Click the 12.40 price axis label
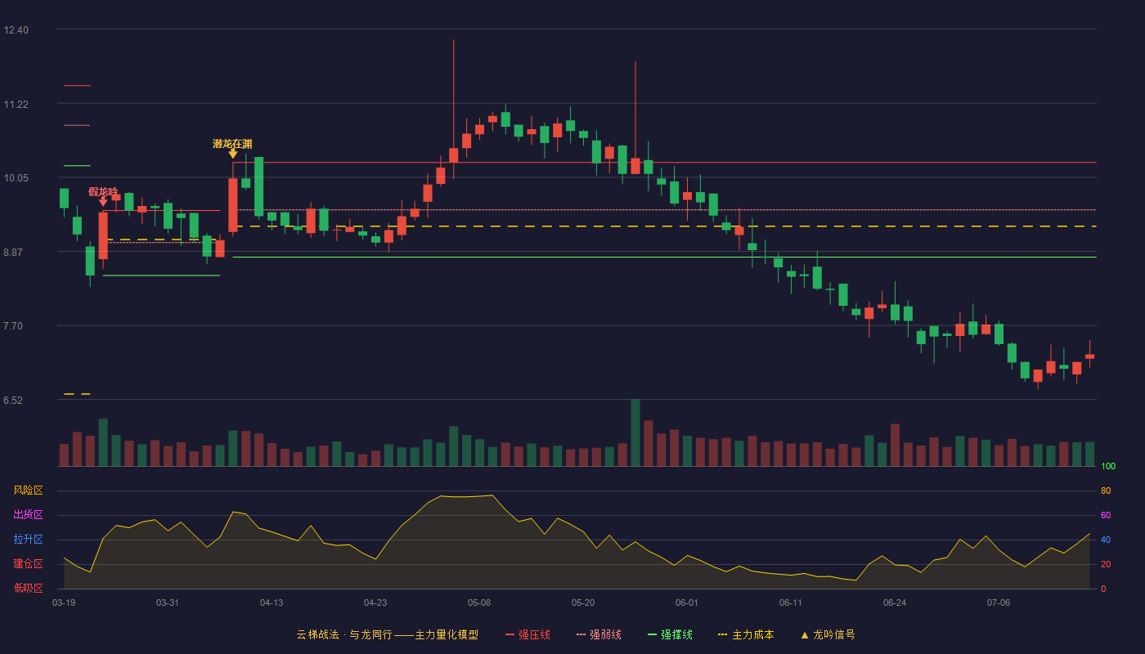[16, 29]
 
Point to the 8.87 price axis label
[13, 252]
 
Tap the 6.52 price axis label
[13, 400]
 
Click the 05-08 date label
[479, 603]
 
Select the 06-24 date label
[895, 603]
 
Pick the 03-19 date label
[64, 603]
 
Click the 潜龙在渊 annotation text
[232, 144]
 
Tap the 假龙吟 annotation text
[103, 191]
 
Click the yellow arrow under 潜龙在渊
[232, 154]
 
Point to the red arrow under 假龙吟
[103, 201]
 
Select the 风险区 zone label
[28, 490]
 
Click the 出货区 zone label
[28, 514]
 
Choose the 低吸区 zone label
[28, 588]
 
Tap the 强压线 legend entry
[528, 634]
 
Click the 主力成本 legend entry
[746, 634]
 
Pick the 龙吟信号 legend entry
[828, 634]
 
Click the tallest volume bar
[635, 432]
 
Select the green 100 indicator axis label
[1108, 466]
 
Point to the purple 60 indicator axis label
[1106, 515]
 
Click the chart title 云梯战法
[317, 634]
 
